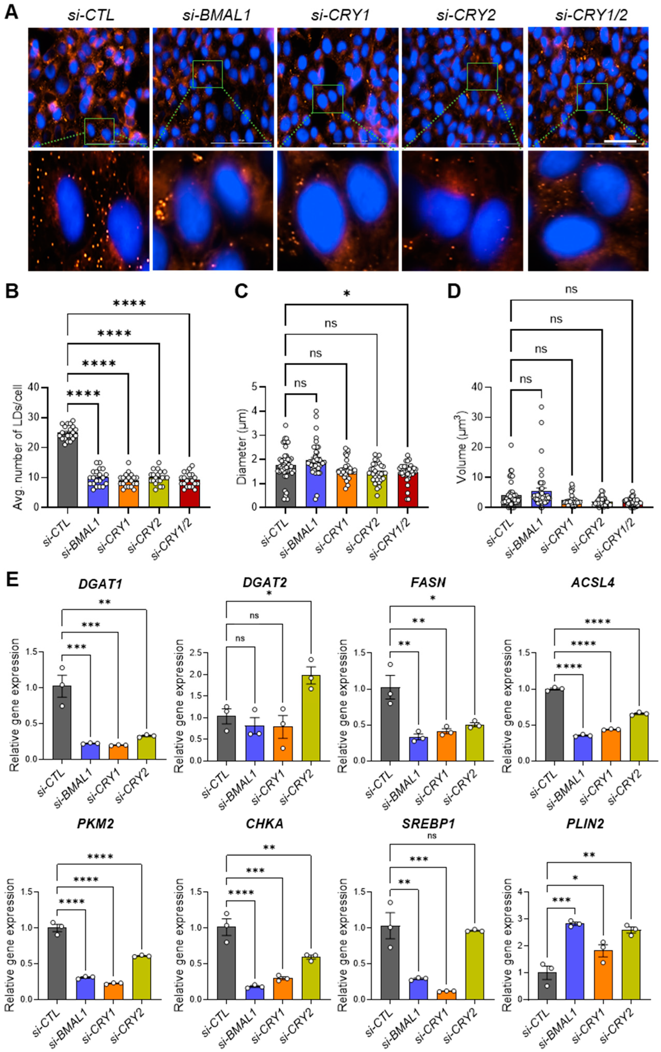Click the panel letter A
coord(11,12)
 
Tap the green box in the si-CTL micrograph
coord(99,131)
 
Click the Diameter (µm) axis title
coord(242,447)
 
